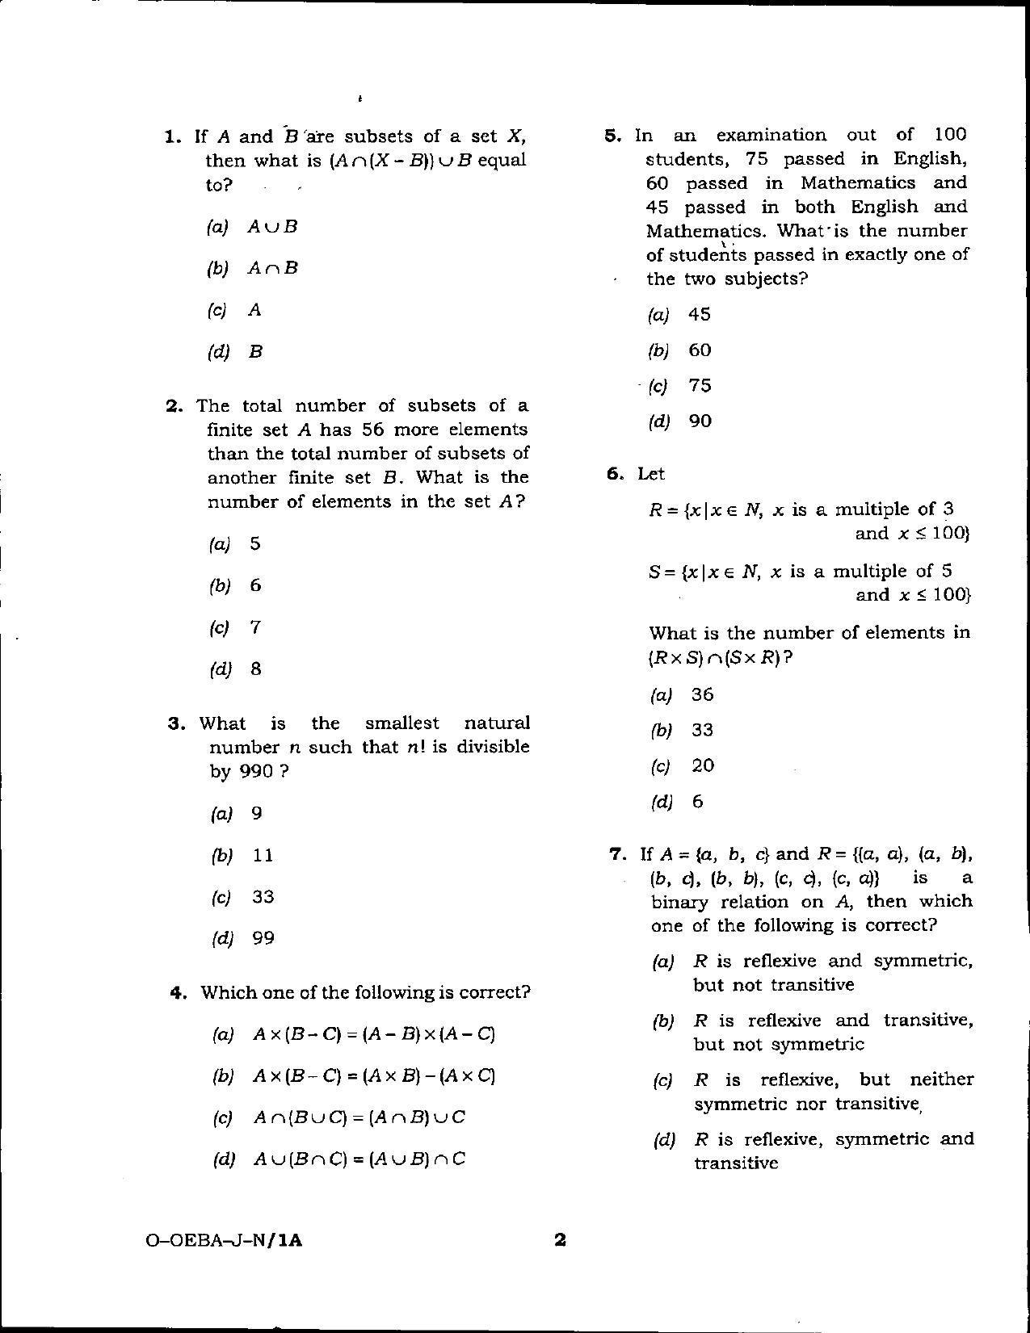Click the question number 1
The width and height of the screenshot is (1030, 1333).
click(x=172, y=136)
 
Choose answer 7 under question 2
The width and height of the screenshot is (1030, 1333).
click(x=255, y=627)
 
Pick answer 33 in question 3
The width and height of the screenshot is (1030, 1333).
click(x=263, y=897)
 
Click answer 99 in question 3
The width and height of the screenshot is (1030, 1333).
click(x=263, y=938)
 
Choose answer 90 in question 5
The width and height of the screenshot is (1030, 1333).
click(x=700, y=421)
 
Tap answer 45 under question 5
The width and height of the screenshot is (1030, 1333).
click(x=700, y=314)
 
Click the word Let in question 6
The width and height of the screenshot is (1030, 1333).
click(x=650, y=474)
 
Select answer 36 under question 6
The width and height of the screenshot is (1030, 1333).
click(x=703, y=694)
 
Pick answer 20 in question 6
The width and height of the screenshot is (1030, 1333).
click(x=703, y=765)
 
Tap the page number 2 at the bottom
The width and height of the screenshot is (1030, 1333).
click(x=559, y=1239)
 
